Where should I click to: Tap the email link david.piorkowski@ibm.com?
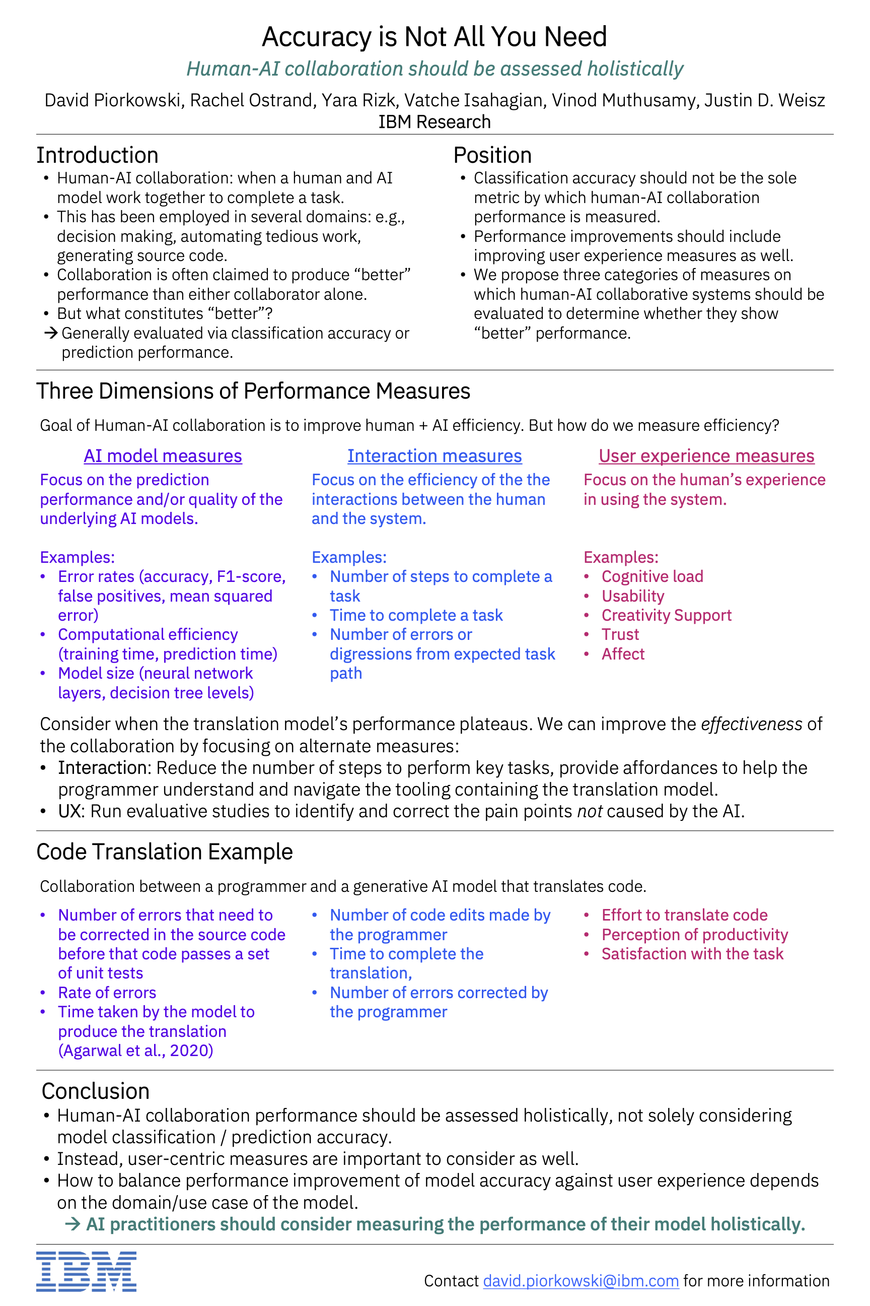coord(581,1280)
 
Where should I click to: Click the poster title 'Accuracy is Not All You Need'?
coord(434,37)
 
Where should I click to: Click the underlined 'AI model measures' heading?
coord(163,456)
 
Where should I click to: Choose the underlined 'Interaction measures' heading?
coord(434,456)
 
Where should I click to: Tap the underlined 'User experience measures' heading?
coord(706,456)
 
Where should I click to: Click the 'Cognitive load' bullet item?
coord(652,576)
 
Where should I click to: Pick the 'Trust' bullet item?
coord(620,634)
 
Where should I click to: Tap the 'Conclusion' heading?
coord(96,1091)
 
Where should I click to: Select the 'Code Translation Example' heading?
coord(164,852)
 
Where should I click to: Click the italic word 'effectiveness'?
coord(751,724)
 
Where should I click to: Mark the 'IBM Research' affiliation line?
coord(434,121)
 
